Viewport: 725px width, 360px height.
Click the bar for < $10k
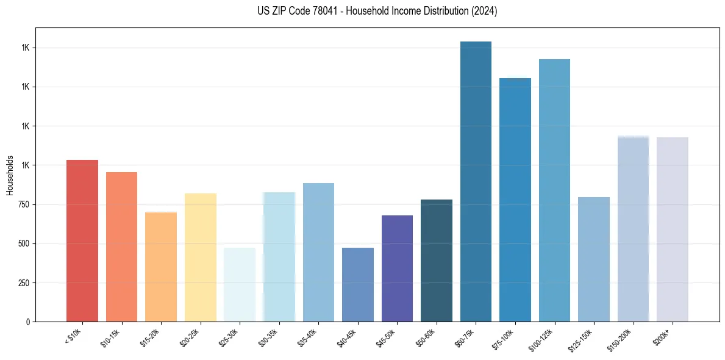(82, 240)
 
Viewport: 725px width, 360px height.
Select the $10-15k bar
(121, 247)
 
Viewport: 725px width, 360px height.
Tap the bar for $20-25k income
(200, 257)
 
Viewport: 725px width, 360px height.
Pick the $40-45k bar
(357, 284)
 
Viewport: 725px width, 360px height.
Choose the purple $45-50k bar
(397, 268)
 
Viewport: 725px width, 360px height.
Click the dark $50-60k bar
(436, 260)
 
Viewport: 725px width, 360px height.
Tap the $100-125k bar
(554, 190)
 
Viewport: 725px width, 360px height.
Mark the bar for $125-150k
(593, 259)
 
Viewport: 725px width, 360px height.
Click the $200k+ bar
(672, 229)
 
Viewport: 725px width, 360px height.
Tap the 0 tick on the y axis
(28, 322)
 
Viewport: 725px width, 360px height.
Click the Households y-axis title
(10, 175)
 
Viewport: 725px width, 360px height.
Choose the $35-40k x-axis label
(310, 337)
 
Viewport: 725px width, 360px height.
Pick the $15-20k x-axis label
(152, 337)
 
